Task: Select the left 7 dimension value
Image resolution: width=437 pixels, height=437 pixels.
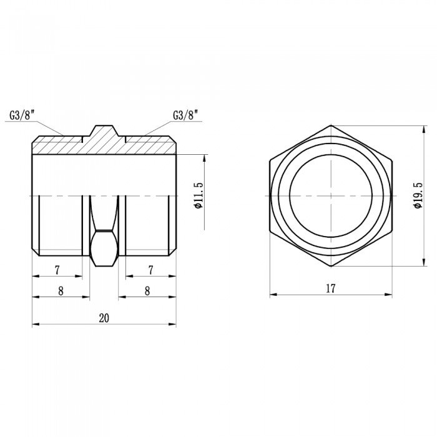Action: click(57, 270)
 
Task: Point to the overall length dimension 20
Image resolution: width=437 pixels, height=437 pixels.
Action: click(104, 318)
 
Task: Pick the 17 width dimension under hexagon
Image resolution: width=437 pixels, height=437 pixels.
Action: click(331, 288)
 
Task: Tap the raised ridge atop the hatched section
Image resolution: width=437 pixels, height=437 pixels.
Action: click(104, 132)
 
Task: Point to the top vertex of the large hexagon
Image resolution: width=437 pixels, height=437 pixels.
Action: click(331, 125)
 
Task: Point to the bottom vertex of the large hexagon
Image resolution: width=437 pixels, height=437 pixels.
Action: click(331, 267)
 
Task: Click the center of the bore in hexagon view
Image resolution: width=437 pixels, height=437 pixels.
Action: click(331, 196)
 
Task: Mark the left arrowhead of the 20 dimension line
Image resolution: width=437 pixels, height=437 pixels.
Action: click(36, 324)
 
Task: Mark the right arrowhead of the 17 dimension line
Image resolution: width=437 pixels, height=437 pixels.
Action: click(389, 295)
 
